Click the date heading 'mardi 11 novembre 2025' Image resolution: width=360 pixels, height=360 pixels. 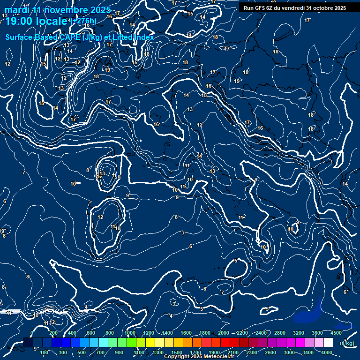point(58,10)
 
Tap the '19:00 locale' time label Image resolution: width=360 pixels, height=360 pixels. point(37,21)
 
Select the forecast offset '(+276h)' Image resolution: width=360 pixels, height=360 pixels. point(83,21)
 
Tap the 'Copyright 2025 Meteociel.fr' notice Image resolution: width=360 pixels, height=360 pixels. point(198,357)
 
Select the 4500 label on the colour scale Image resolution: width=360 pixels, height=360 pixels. point(336,333)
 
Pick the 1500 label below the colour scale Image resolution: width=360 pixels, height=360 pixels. point(177,352)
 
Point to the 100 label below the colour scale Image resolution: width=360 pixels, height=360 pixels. point(45,352)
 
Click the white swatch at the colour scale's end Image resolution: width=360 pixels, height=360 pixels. point(328,343)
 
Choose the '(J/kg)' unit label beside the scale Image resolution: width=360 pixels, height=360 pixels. point(347,343)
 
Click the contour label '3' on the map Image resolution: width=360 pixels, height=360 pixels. point(174,304)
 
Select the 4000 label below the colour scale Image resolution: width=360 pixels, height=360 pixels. point(327,352)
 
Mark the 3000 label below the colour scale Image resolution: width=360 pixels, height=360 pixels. point(289,352)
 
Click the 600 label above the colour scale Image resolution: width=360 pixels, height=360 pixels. point(91,333)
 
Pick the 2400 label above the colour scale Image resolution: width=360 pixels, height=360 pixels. point(261,333)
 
